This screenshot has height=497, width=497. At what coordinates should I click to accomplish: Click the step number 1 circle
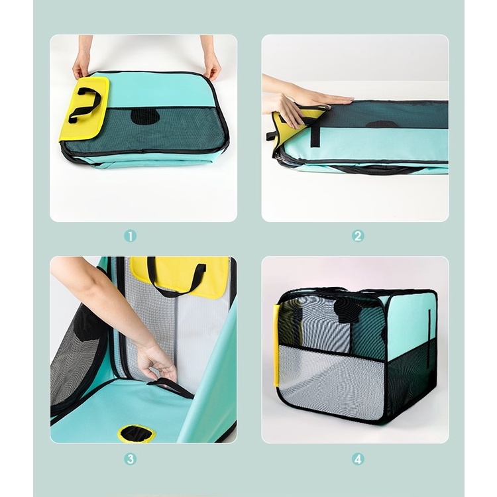(130, 236)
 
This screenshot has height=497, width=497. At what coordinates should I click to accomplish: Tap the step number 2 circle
(358, 236)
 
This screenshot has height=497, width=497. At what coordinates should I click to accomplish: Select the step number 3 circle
(130, 459)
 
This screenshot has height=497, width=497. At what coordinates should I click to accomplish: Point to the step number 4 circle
(358, 459)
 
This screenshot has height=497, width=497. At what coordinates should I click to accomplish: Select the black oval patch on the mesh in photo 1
(146, 117)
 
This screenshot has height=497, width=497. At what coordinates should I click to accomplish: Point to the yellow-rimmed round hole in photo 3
(137, 433)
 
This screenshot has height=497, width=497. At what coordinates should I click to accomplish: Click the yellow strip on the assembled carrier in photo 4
(276, 345)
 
